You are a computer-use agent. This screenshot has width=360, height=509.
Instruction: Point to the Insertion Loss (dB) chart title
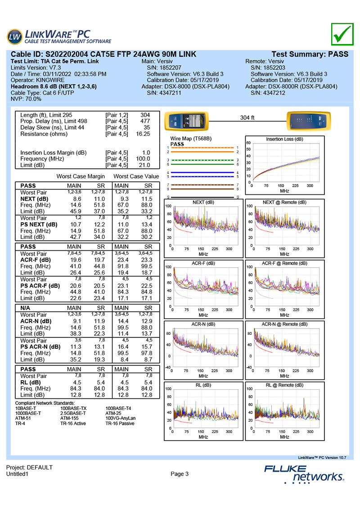284,139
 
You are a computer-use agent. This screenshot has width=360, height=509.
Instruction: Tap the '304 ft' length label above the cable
247,117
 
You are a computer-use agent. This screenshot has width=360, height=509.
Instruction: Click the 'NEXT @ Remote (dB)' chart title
284,203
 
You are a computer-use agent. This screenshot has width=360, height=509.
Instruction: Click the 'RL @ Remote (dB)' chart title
284,385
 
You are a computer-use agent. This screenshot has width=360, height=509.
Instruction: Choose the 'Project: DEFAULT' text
29,468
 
